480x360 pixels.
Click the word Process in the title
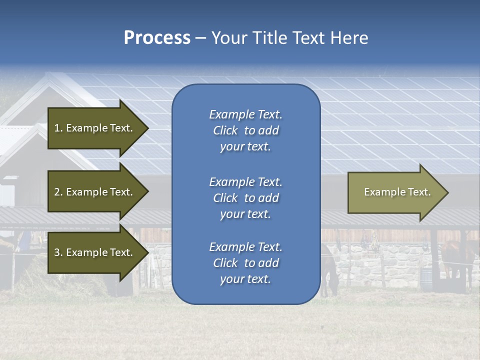(x=157, y=38)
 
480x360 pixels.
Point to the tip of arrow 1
(x=148, y=128)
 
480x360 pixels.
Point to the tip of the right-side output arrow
(x=448, y=192)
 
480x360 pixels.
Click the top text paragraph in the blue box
(x=245, y=130)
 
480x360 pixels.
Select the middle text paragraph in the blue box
(x=245, y=198)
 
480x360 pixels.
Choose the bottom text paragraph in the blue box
(x=245, y=263)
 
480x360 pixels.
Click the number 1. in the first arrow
(x=58, y=128)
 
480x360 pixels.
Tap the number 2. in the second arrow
(x=58, y=192)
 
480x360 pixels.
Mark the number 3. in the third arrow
(x=58, y=252)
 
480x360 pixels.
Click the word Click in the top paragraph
(x=225, y=130)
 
